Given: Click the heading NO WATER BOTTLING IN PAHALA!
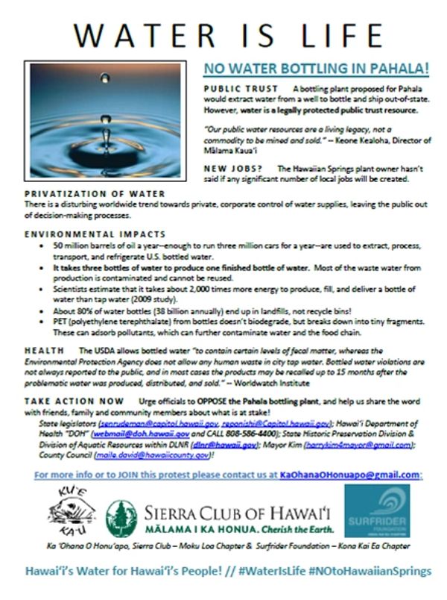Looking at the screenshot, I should click(x=317, y=69).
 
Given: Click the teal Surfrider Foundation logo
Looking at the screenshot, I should click(x=377, y=510).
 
